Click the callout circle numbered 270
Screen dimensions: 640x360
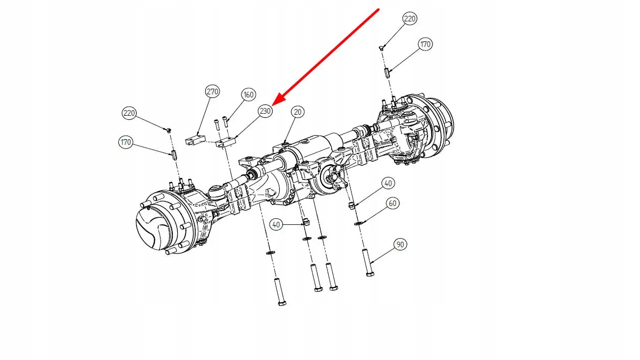point(212,92)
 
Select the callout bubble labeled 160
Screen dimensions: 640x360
point(248,94)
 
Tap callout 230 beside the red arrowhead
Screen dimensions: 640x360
point(265,112)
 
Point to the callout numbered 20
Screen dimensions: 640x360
point(297,112)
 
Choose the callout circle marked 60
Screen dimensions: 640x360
point(392,203)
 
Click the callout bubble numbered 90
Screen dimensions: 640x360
point(400,245)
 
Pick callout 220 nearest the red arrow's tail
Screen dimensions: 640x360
point(410,19)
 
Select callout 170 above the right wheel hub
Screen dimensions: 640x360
point(425,44)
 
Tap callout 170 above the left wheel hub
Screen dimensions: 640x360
point(126,142)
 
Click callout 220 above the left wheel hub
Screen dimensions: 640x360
point(129,113)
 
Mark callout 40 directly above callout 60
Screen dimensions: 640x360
point(388,183)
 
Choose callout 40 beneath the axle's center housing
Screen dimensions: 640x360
point(276,224)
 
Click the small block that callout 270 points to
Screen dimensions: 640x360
point(194,140)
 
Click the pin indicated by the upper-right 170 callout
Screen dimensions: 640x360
point(387,71)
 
